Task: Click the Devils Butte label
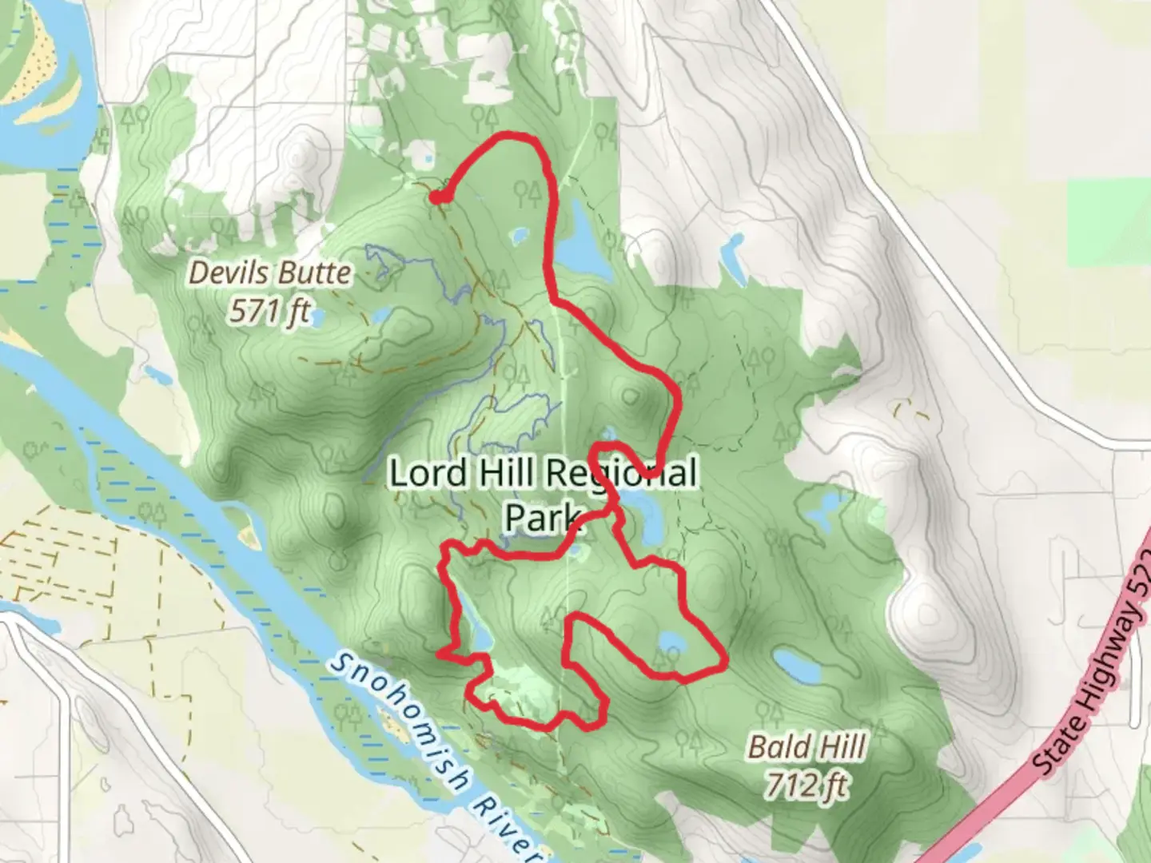[x=269, y=274]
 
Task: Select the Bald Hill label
[x=806, y=748]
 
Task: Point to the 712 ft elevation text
[x=806, y=785]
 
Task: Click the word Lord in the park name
[x=427, y=474]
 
